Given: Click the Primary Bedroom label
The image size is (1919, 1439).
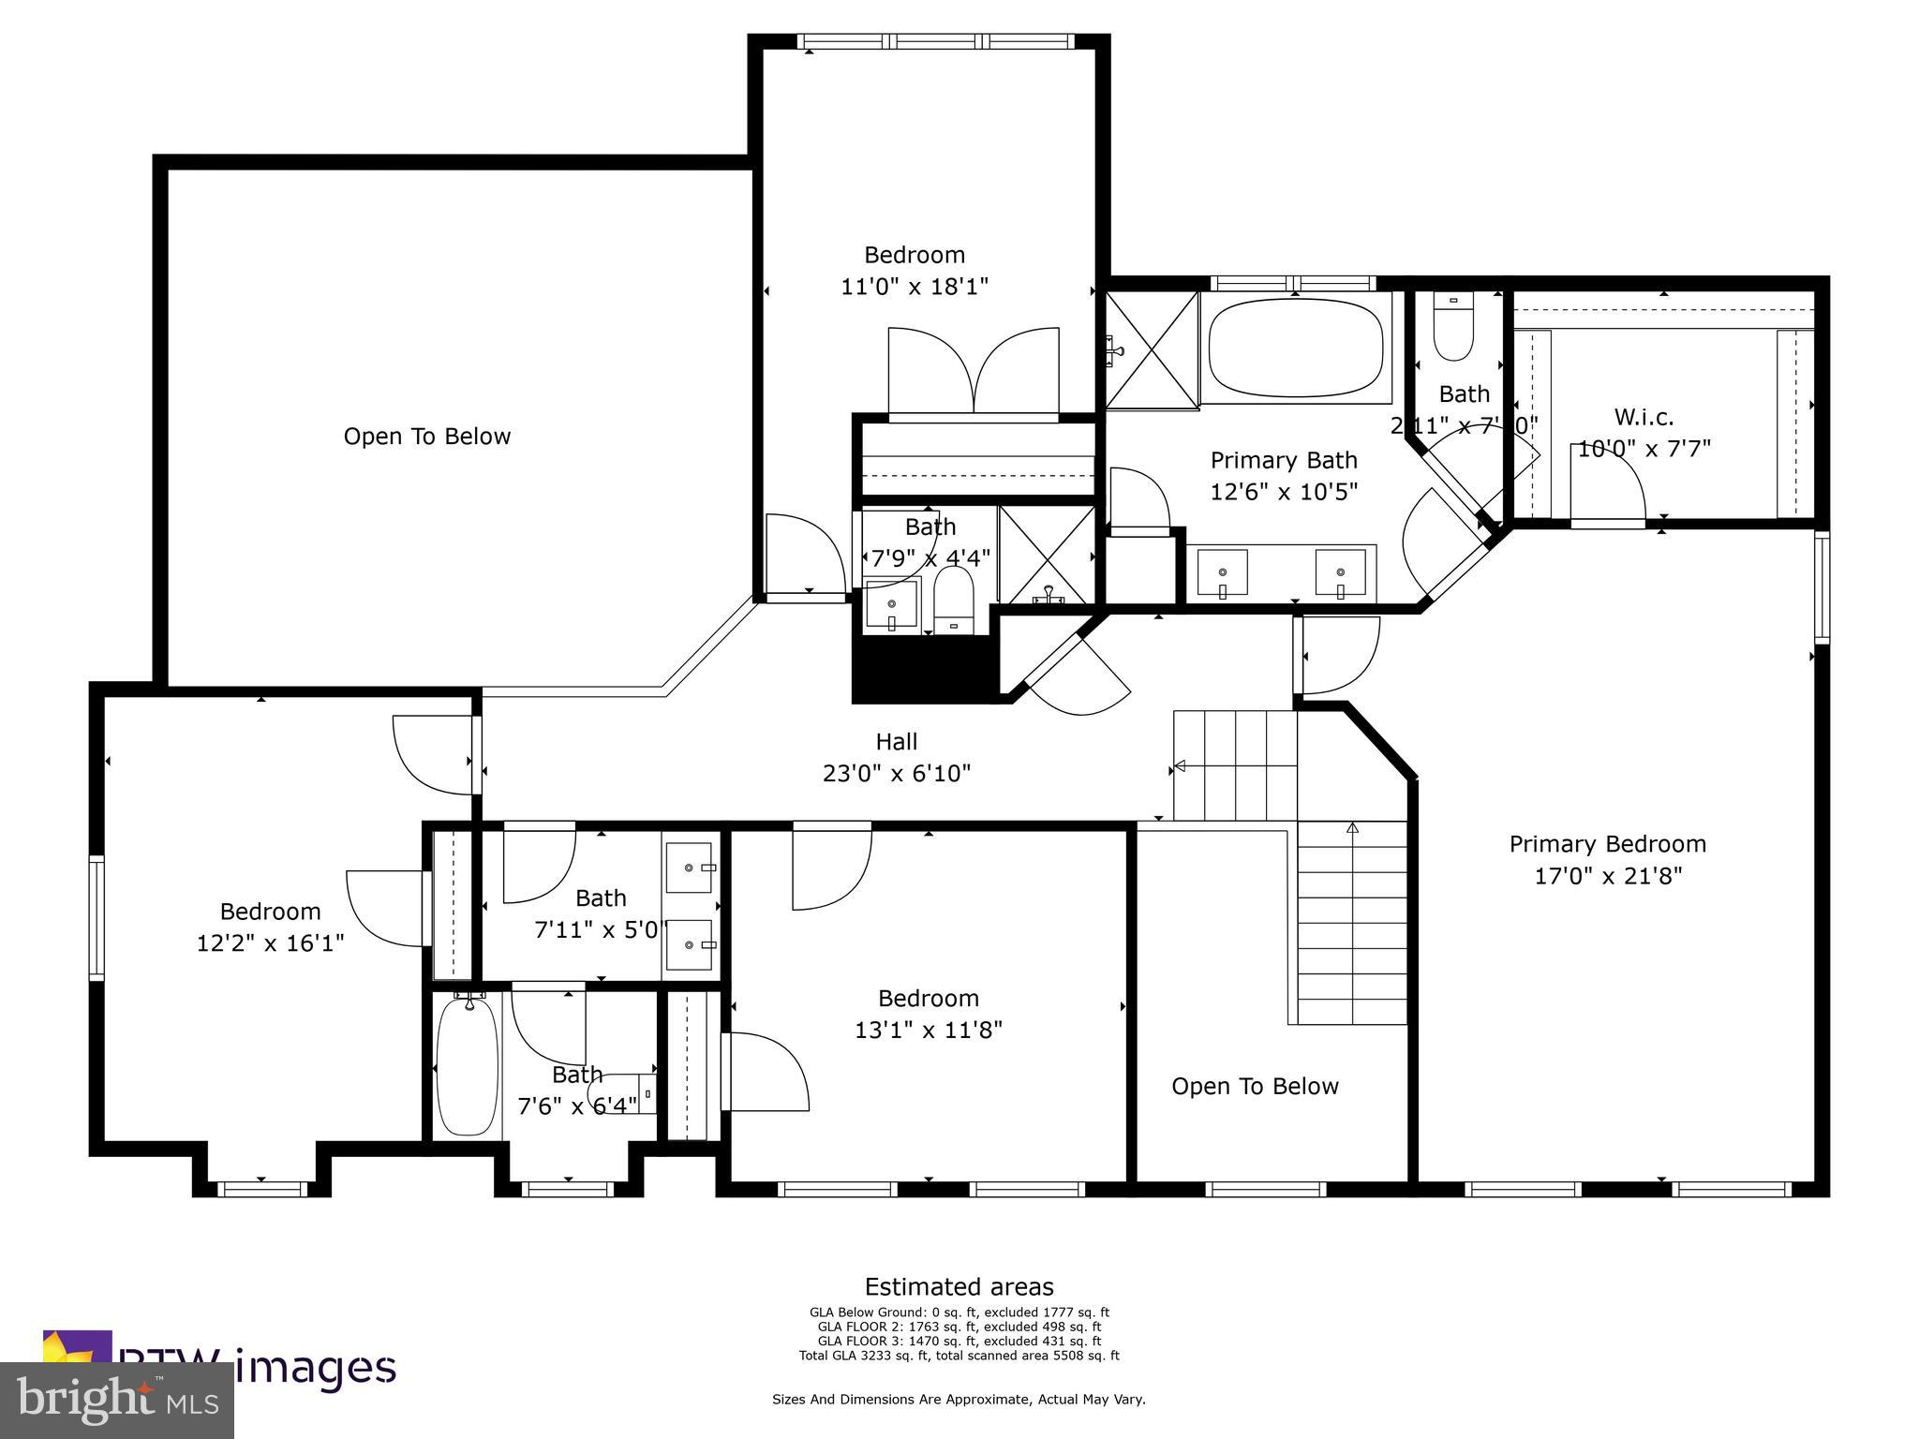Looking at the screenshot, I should tap(1607, 844).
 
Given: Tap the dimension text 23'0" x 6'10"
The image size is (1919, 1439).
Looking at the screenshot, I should tap(897, 774).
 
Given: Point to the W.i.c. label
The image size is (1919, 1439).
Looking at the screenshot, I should tap(1644, 417).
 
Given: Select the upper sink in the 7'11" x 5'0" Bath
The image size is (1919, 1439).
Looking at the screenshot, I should tap(690, 868).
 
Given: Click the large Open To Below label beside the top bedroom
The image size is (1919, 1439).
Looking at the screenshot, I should tap(426, 437).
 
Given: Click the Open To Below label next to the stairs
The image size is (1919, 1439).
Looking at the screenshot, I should tap(1255, 1087).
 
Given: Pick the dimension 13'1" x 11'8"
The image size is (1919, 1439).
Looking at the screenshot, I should tap(929, 1031).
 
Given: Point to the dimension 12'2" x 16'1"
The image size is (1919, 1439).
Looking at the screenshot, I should tap(270, 943).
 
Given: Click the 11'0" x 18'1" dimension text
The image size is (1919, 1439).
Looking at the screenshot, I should tap(915, 287).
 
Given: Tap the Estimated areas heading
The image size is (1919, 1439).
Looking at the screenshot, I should tap(959, 1286).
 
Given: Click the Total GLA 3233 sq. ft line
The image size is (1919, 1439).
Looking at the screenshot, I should tap(959, 1356).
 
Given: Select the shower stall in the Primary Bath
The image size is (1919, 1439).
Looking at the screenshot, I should tap(1152, 349).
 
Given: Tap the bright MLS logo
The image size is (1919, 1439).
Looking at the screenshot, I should tap(117, 1400).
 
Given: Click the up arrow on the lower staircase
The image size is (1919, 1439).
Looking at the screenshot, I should tap(1352, 827).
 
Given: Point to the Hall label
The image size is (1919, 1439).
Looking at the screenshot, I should tap(897, 742).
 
